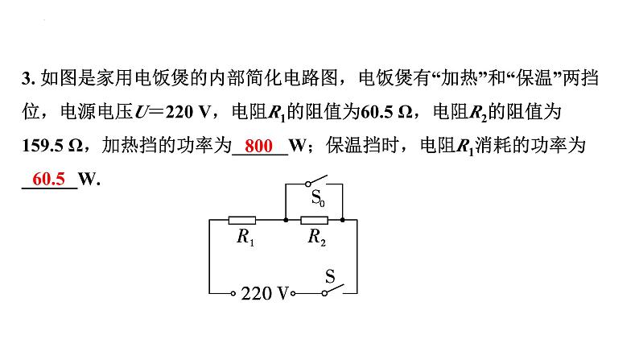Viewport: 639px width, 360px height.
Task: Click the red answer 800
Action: (x=259, y=146)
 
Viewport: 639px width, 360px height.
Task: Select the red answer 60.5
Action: (x=48, y=179)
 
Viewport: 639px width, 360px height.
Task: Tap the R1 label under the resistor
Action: (x=245, y=237)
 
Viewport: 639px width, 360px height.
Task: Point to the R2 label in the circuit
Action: (x=317, y=237)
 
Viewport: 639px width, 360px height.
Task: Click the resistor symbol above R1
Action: (x=242, y=220)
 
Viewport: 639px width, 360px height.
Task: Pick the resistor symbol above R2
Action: (x=314, y=220)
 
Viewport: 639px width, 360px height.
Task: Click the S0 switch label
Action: (x=318, y=199)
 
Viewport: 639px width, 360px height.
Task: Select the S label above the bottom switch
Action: (x=330, y=277)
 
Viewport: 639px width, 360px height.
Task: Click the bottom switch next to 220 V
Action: (x=333, y=289)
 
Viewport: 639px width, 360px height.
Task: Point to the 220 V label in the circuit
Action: (x=265, y=293)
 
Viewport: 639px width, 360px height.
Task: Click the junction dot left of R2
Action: (x=286, y=220)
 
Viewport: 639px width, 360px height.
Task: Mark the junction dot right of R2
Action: (x=343, y=220)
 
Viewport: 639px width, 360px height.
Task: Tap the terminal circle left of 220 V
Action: (x=233, y=293)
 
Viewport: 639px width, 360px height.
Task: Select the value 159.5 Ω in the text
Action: (x=52, y=146)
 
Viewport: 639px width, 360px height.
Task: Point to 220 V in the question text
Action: (x=188, y=112)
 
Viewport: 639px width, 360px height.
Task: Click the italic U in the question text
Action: (x=141, y=112)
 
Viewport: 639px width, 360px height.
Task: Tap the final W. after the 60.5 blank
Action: (x=89, y=179)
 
